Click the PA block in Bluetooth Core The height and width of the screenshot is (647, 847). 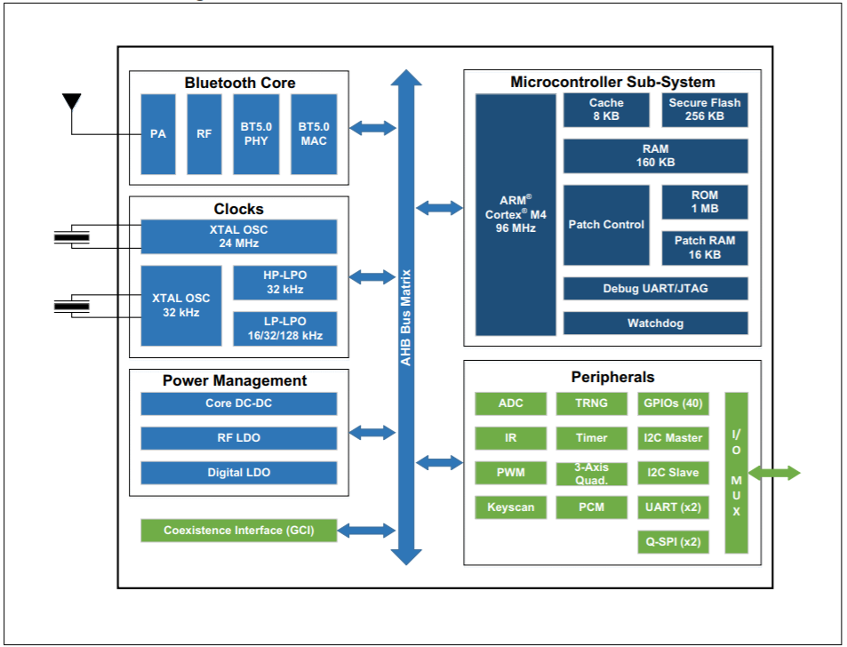[158, 134]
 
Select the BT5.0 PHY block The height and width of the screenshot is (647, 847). [256, 134]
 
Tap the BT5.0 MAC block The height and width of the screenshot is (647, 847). [314, 134]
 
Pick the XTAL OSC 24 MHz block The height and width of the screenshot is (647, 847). [238, 236]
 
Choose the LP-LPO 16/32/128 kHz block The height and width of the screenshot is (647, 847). [285, 329]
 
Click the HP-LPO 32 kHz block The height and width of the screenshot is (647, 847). [285, 283]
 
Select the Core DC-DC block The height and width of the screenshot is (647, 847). [238, 403]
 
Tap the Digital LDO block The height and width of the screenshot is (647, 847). [238, 473]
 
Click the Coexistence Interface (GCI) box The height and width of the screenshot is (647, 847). [238, 531]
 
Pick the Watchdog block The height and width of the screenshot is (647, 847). [655, 323]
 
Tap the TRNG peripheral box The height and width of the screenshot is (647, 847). [591, 403]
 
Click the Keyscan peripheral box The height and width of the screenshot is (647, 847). [510, 507]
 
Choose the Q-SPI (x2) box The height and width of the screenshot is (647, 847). [673, 541]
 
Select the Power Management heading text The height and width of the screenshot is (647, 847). [235, 380]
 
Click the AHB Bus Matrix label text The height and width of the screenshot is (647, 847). [406, 317]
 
